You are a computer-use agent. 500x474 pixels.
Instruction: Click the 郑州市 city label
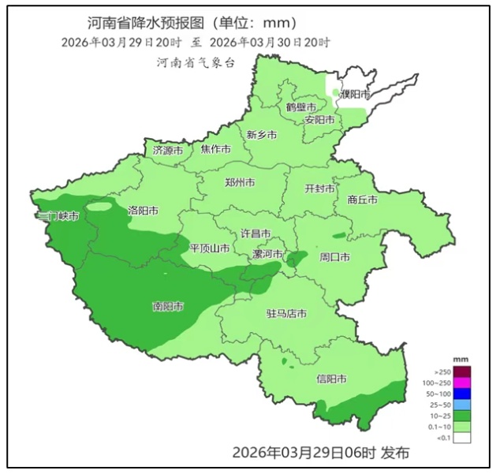239,182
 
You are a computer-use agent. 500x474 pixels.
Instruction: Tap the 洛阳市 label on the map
143,211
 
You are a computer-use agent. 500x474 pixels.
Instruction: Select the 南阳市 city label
168,306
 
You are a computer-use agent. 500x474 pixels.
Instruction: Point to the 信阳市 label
330,379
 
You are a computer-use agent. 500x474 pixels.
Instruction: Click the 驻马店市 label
285,314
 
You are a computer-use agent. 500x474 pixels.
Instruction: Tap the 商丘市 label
362,200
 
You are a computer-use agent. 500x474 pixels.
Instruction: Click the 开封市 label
320,189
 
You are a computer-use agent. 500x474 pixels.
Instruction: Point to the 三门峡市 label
58,216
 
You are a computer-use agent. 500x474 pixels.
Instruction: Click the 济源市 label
167,150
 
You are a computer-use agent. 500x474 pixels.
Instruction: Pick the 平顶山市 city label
211,248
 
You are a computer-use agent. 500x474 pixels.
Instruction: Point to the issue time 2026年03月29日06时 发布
320,453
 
